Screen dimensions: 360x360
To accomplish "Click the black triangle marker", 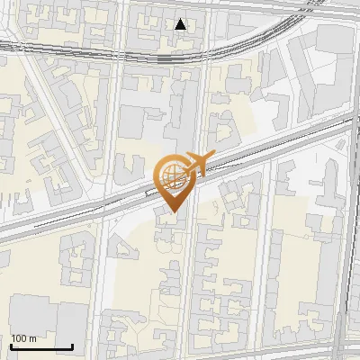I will coord(181,24).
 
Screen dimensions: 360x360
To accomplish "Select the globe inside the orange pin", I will coord(171,173).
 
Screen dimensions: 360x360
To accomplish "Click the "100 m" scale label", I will coord(23,338).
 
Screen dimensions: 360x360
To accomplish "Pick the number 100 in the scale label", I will coord(19,338).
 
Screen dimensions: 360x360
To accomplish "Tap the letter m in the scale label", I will coord(32,338).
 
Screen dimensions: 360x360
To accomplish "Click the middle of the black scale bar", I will coord(41,346).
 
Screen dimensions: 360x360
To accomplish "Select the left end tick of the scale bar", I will coord(12,346).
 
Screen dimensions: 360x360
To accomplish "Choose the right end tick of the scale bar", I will coord(72,346).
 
